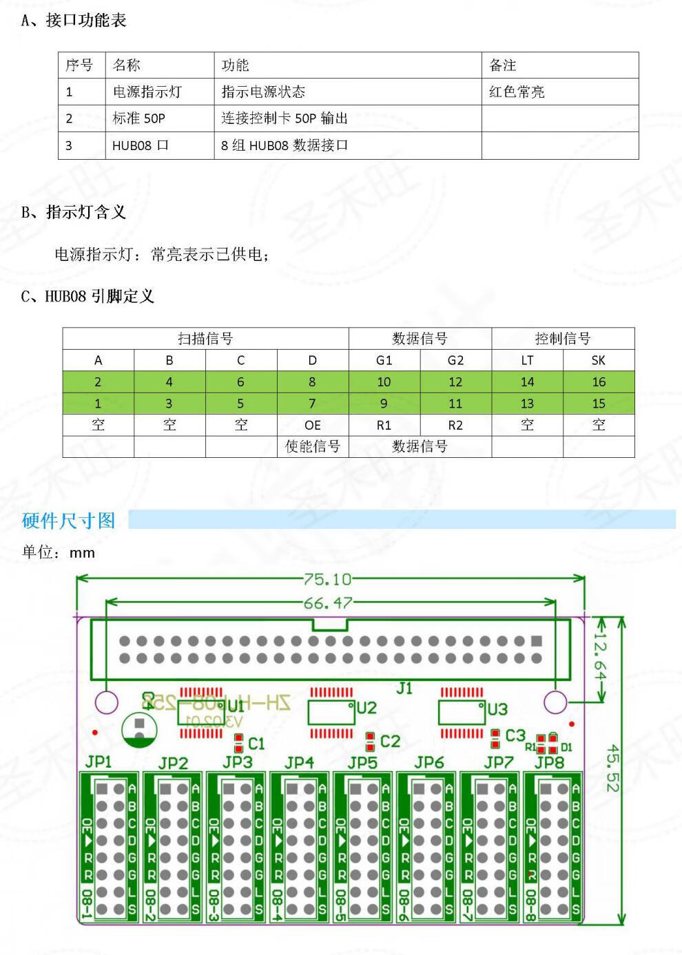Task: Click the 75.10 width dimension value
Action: pyautogui.click(x=328, y=580)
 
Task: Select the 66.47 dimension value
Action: pyautogui.click(x=328, y=604)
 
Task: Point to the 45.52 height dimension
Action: pyautogui.click(x=613, y=768)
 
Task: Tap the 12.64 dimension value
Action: pyautogui.click(x=599, y=660)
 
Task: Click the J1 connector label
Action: pyautogui.click(x=404, y=688)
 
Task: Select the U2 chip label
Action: pyautogui.click(x=366, y=707)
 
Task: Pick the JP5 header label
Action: pyautogui.click(x=362, y=763)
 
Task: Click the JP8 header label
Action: pyautogui.click(x=549, y=762)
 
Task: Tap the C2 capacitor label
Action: pyautogui.click(x=390, y=741)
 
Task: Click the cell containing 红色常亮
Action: pyautogui.click(x=517, y=92)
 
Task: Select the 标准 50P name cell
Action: pyautogui.click(x=139, y=118)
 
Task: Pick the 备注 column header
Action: pyautogui.click(x=503, y=65)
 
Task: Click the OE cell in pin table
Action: pyautogui.click(x=312, y=425)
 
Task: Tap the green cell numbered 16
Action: pyautogui.click(x=599, y=381)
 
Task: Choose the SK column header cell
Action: pyautogui.click(x=599, y=360)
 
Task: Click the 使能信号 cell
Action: pyautogui.click(x=312, y=446)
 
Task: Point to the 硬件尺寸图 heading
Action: pyautogui.click(x=68, y=521)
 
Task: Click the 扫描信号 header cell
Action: pyautogui.click(x=205, y=338)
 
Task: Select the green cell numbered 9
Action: pyautogui.click(x=384, y=403)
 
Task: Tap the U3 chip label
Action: pyautogui.click(x=497, y=709)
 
